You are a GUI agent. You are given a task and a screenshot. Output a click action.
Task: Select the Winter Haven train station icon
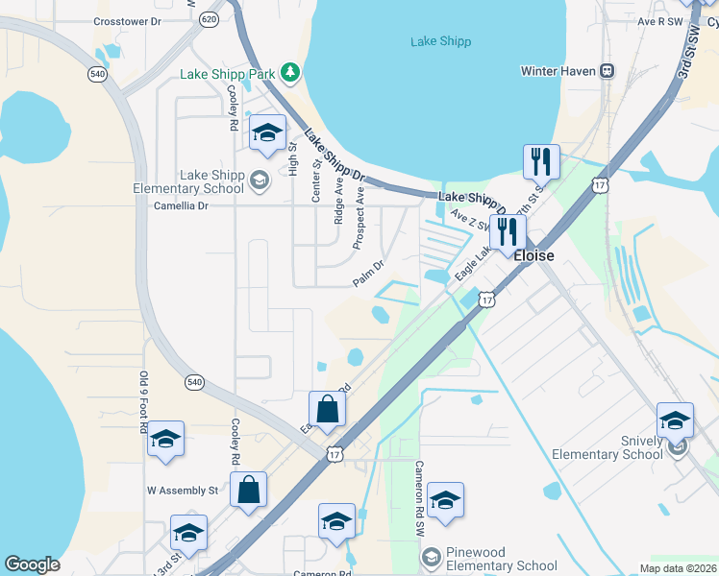[607, 71]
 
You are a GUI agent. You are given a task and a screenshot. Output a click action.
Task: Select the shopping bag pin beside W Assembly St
[249, 490]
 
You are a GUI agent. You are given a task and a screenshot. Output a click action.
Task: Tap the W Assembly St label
[183, 490]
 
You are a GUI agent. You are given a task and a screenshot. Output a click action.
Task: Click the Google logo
[32, 564]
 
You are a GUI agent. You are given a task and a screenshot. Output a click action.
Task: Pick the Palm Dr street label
[368, 274]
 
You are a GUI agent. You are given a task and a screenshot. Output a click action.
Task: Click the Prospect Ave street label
[359, 218]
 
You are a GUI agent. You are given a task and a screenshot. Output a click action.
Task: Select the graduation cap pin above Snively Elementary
[675, 420]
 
